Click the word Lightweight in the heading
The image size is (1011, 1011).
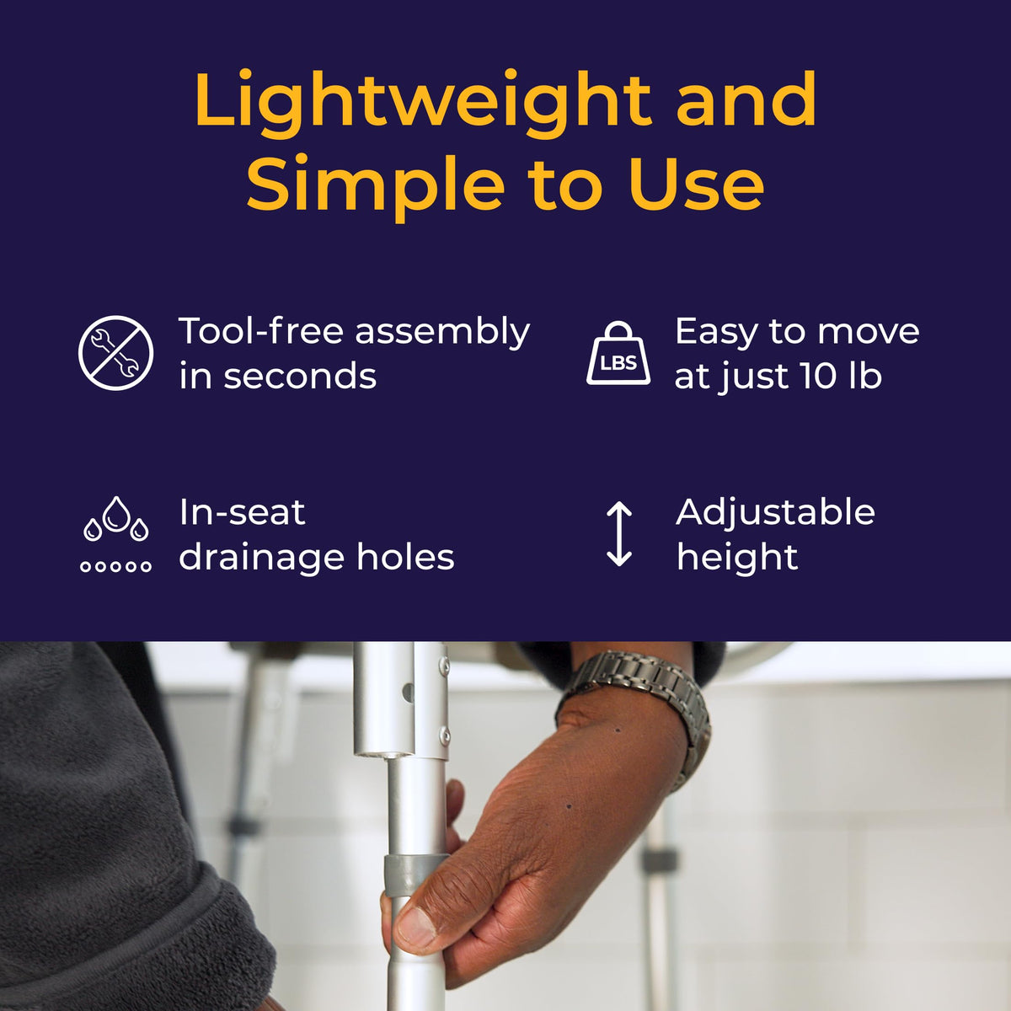423,104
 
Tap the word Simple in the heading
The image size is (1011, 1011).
375,186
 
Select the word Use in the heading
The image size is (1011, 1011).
696,182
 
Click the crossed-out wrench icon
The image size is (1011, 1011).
116,352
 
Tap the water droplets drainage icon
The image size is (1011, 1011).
116,533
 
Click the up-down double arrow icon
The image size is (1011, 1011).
619,533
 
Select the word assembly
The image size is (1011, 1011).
443,334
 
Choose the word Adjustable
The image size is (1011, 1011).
775,513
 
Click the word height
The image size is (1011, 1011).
737,559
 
